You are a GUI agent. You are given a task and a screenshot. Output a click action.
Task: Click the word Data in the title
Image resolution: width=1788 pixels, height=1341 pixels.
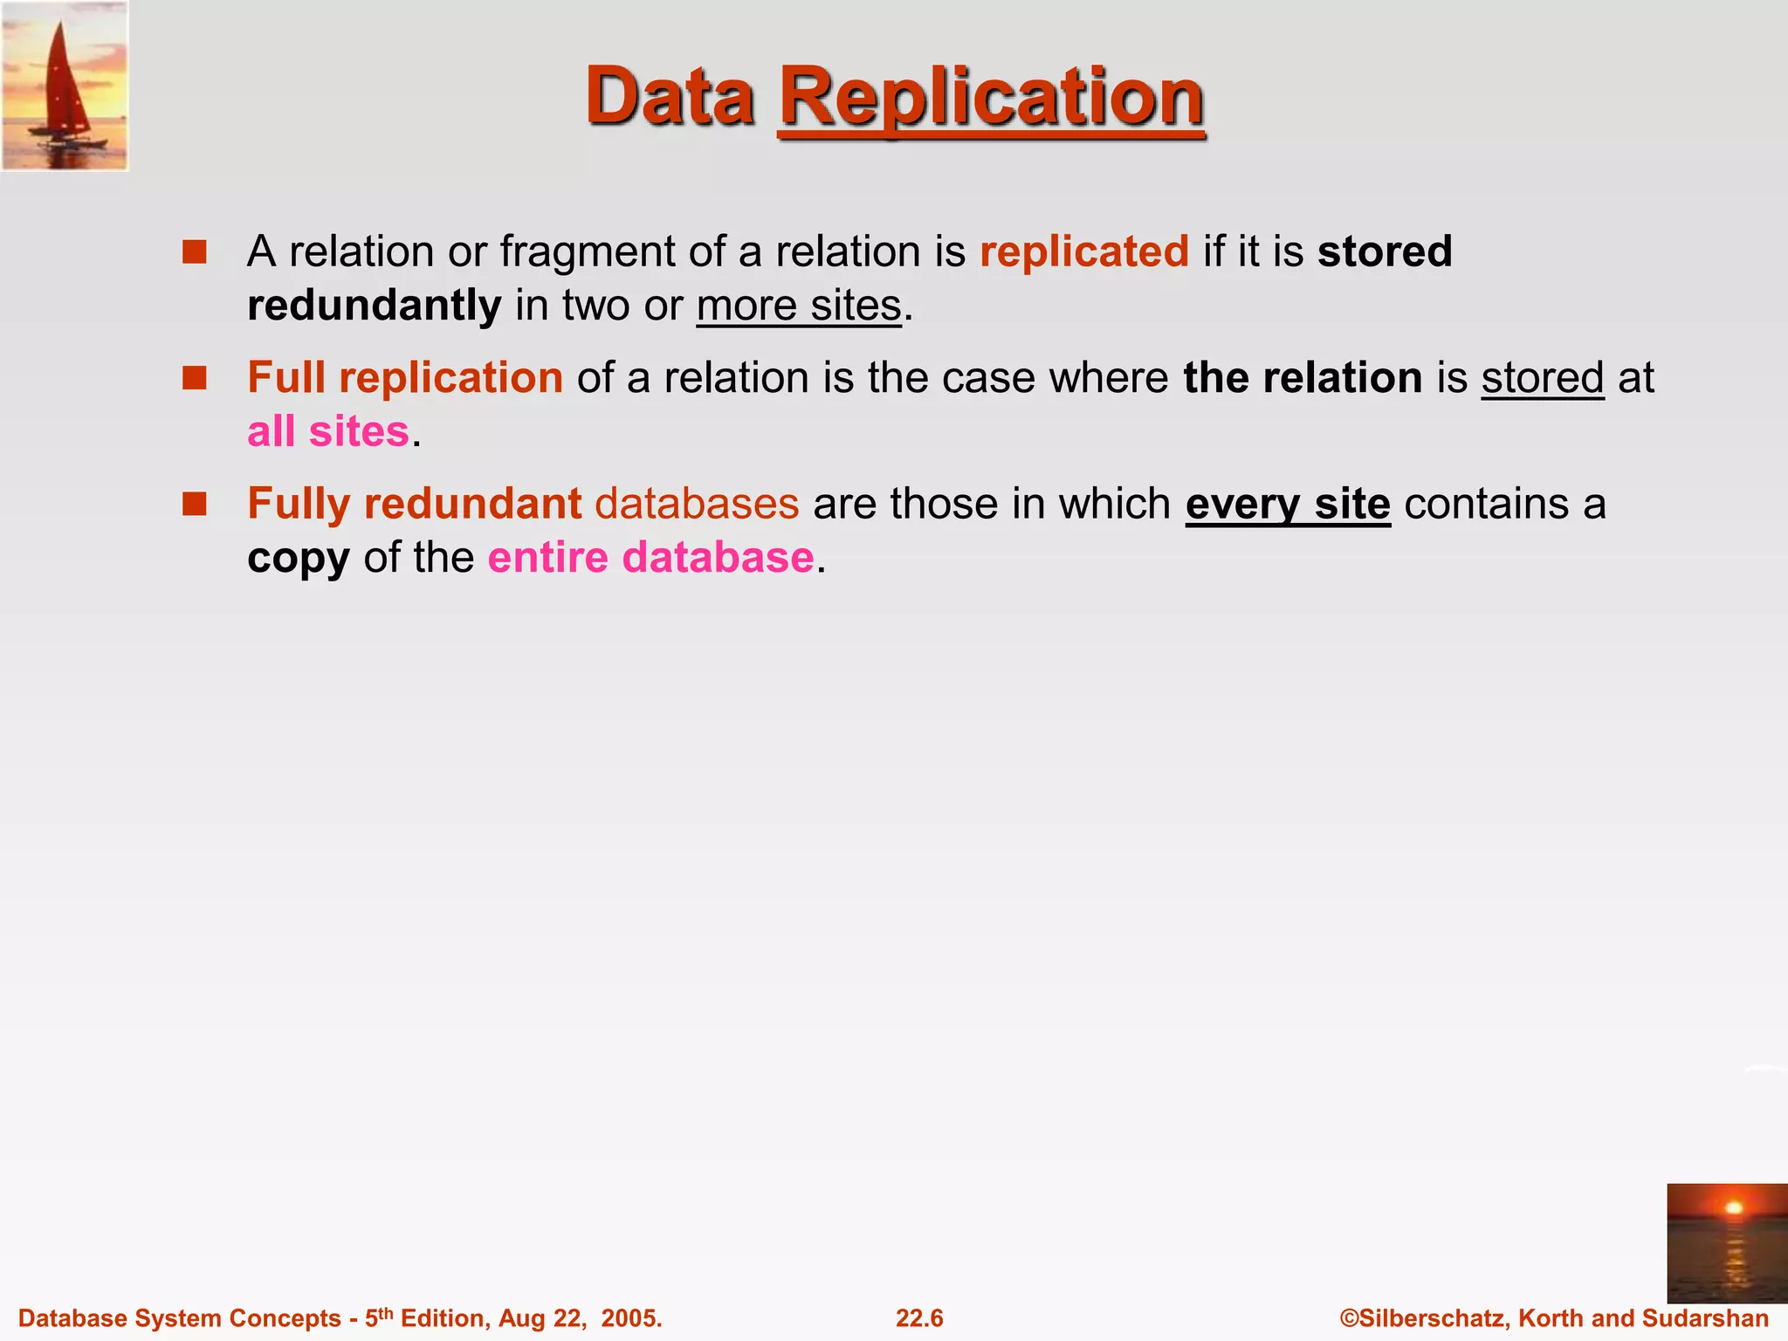click(x=670, y=96)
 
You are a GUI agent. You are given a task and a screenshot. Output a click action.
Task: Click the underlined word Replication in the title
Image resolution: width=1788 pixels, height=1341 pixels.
click(x=991, y=98)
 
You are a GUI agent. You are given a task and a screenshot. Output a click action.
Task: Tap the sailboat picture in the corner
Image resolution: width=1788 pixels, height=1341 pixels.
click(x=65, y=86)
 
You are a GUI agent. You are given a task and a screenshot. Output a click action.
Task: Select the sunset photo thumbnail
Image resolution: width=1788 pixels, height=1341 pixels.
click(x=1726, y=1242)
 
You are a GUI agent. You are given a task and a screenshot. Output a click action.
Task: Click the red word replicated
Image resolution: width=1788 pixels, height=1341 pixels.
click(x=1083, y=251)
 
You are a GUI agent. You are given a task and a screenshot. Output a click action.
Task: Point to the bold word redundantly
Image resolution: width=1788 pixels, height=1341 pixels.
click(x=374, y=306)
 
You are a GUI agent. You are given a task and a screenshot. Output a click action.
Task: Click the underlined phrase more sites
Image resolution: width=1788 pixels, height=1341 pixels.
click(x=798, y=306)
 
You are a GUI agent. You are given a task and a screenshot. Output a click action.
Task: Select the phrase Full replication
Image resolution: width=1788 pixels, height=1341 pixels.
click(x=405, y=378)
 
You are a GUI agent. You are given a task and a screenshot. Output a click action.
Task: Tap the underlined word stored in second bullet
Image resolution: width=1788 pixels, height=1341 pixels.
click(x=1542, y=378)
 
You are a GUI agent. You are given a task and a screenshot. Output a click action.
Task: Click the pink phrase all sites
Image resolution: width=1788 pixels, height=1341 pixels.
click(x=328, y=431)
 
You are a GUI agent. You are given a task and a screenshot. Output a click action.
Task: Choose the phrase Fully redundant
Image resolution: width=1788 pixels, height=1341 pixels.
click(x=414, y=504)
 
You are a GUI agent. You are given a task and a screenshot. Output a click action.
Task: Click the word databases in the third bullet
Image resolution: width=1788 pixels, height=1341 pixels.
click(x=697, y=504)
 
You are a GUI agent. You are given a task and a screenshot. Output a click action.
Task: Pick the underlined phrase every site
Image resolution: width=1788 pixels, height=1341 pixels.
click(x=1287, y=505)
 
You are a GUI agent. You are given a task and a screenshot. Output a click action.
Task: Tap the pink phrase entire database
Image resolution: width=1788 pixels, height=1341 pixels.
click(x=650, y=558)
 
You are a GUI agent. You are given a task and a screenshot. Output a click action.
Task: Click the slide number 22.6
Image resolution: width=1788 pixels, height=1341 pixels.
click(x=919, y=1318)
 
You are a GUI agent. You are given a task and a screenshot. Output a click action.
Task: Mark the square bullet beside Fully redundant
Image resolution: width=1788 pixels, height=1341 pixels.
click(x=194, y=504)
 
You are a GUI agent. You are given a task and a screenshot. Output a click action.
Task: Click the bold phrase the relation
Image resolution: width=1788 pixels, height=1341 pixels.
click(x=1303, y=378)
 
